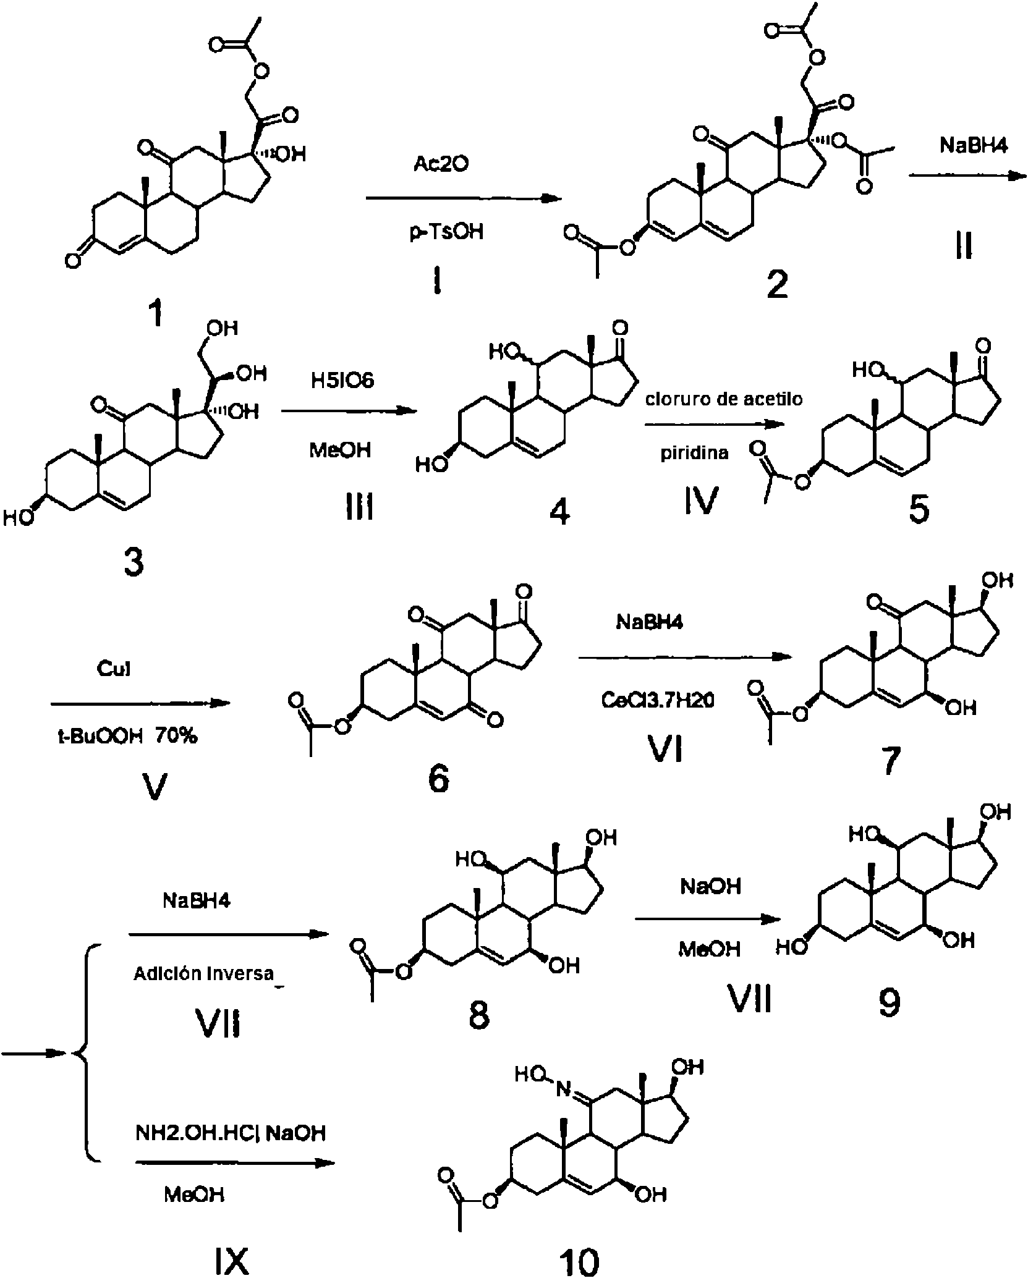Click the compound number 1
coord(158,313)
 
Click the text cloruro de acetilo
coord(724,399)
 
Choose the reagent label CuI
coord(114,669)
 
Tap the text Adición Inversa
coord(204,973)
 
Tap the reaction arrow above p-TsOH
coord(464,199)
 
